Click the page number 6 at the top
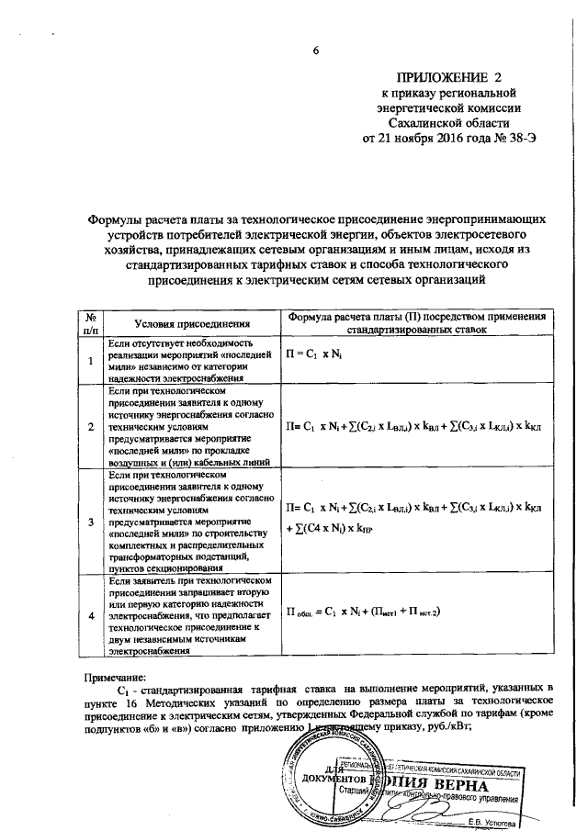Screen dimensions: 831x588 315,51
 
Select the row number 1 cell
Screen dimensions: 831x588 91,360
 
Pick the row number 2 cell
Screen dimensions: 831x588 91,427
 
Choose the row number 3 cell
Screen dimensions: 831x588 91,522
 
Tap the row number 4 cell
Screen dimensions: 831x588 91,615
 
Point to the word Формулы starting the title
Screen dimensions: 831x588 118,221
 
